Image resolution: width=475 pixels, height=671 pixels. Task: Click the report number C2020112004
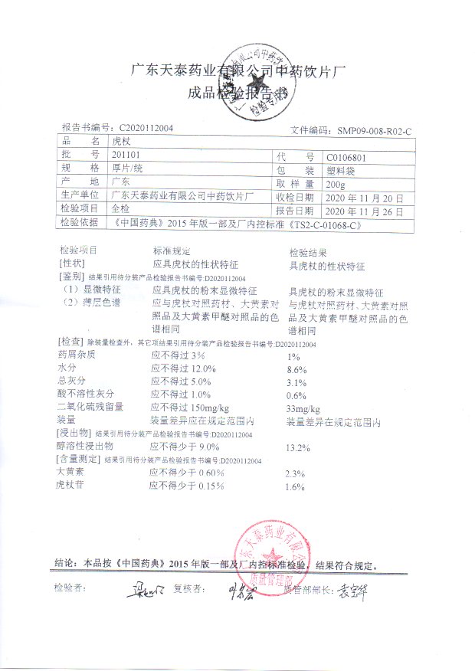pyautogui.click(x=146, y=128)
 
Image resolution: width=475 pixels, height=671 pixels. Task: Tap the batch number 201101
pyautogui.click(x=125, y=155)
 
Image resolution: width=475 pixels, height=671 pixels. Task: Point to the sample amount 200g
pyautogui.click(x=336, y=185)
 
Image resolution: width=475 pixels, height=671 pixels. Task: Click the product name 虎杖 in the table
pyautogui.click(x=122, y=142)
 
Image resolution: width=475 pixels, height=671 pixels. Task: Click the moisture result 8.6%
pyautogui.click(x=296, y=369)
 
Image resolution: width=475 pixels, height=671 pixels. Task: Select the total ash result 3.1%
pyautogui.click(x=296, y=382)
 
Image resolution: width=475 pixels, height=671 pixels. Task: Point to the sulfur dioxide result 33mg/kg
pyautogui.click(x=303, y=409)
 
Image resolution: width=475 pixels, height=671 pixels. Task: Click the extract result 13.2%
pyautogui.click(x=297, y=447)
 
